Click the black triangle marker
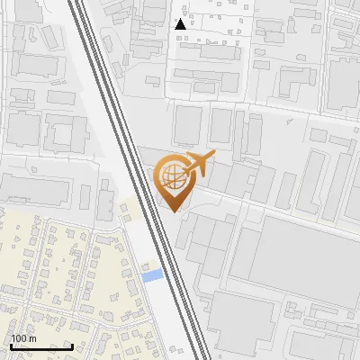181,24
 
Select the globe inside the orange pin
170,175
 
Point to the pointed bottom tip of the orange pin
171,211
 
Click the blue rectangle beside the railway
153,274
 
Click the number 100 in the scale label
18,339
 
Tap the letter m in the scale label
31,339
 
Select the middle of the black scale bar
41,346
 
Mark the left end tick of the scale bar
11,346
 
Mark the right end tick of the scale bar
73,346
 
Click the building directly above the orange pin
186,126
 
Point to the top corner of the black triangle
181,19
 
